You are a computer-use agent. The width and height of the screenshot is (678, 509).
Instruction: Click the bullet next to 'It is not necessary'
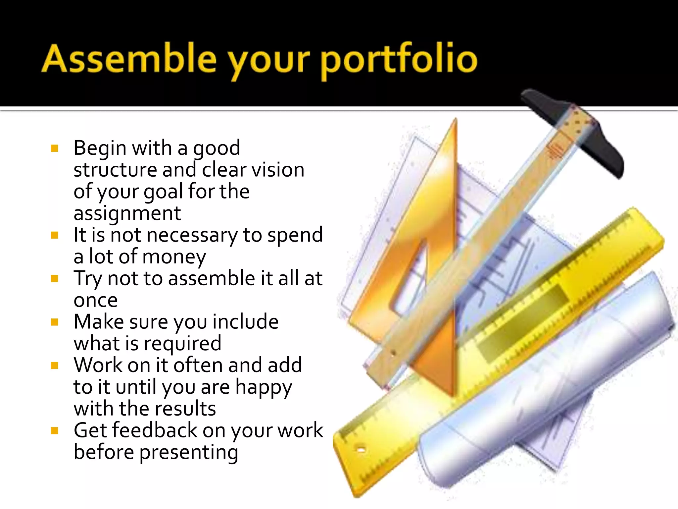coord(55,235)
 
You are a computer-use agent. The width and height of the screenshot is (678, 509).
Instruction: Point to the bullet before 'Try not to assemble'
coord(55,279)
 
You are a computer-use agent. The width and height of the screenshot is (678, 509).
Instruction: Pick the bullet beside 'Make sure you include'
coord(55,322)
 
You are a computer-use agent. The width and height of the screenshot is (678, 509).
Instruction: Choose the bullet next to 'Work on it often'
coord(55,366)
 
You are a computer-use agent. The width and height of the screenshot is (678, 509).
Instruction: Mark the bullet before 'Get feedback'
coord(55,431)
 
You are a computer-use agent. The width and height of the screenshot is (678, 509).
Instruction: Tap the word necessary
coord(192,236)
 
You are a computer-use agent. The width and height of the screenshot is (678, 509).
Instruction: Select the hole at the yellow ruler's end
coord(361,450)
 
